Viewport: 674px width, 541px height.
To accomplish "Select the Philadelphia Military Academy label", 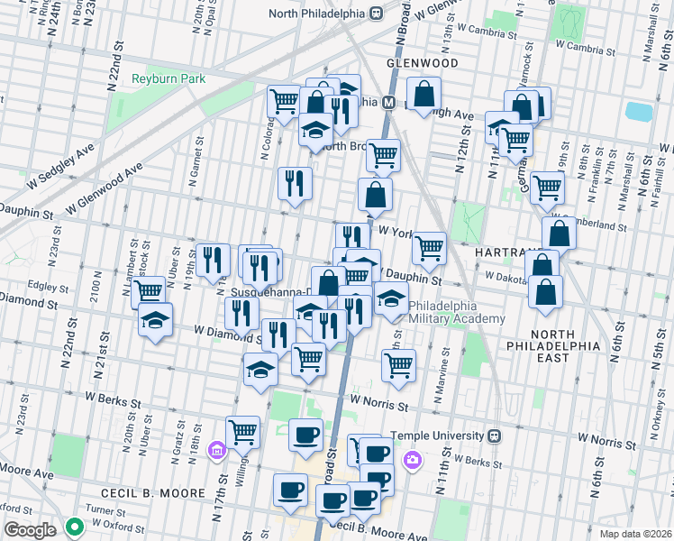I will (x=457, y=312).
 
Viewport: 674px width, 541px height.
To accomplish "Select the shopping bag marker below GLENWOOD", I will (x=424, y=94).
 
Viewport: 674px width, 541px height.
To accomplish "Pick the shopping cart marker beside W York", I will (x=430, y=246).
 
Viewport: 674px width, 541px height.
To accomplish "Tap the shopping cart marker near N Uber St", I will (x=149, y=291).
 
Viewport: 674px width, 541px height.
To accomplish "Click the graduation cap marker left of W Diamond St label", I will (x=155, y=320).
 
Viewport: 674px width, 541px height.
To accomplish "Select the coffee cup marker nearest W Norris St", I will (x=305, y=435).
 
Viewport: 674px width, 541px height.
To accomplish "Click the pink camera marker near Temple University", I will (x=412, y=460).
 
